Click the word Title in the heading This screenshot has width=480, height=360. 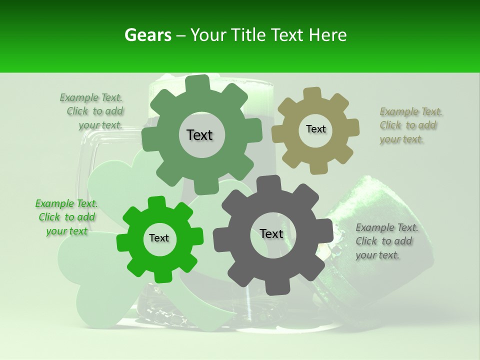point(247,35)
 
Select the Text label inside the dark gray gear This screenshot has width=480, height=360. point(271,234)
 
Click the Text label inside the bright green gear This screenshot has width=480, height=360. point(159,238)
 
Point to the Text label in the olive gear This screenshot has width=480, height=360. point(315,129)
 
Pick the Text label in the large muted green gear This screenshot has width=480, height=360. point(199,135)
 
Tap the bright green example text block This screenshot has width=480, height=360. point(66,217)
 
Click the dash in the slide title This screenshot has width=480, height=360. point(181,35)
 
